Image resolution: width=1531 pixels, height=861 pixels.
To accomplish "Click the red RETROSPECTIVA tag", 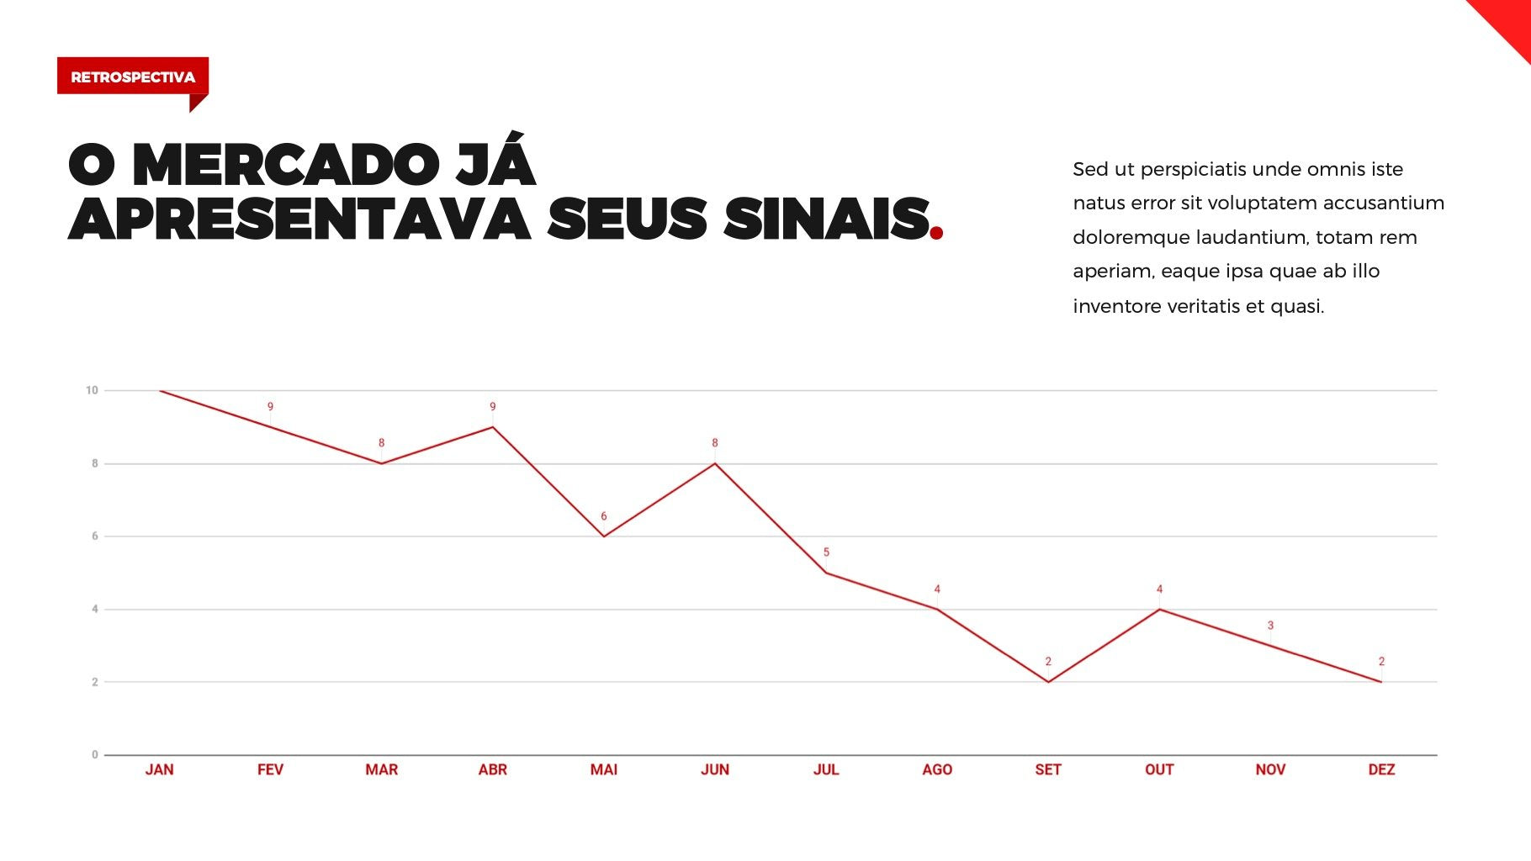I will (x=132, y=77).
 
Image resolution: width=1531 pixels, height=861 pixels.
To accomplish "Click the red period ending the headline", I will (x=936, y=233).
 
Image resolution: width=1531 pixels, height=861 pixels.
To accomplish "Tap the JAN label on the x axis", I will (x=159, y=769).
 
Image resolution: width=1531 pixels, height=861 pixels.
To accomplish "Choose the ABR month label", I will (x=493, y=769).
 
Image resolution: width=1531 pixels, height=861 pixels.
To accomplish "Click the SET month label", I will (x=1048, y=769).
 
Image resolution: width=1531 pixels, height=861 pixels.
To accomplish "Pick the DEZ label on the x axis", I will (x=1381, y=769).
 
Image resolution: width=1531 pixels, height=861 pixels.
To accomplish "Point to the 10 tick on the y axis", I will (x=92, y=390).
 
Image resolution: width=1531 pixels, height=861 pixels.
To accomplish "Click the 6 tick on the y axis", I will (x=95, y=536).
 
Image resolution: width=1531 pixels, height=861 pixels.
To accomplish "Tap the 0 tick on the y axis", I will (x=95, y=755).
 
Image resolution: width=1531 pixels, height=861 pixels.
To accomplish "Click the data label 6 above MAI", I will (x=603, y=516).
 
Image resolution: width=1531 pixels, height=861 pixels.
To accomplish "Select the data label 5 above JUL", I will (x=826, y=552).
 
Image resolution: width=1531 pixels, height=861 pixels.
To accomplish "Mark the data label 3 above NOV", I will (x=1270, y=626).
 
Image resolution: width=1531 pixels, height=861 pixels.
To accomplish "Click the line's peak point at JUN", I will (x=715, y=463).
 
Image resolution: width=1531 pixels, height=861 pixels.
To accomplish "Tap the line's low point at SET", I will (x=1048, y=682).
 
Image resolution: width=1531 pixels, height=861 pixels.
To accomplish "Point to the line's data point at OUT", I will (x=1159, y=609).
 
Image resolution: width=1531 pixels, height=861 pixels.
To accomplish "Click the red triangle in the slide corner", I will (x=1509, y=22).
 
